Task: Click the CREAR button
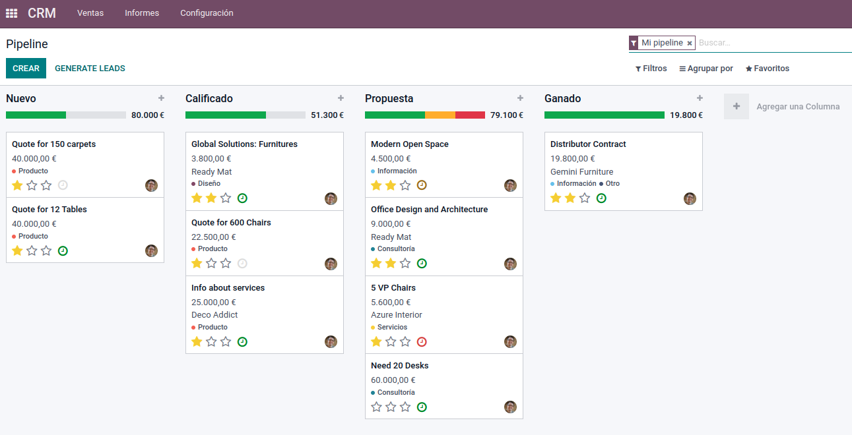click(x=26, y=69)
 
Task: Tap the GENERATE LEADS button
click(x=90, y=69)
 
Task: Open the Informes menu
click(x=142, y=13)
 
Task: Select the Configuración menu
click(x=207, y=13)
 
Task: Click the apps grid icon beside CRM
click(x=11, y=13)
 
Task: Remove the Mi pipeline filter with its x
click(x=690, y=43)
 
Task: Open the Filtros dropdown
click(x=651, y=69)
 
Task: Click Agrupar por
click(x=706, y=69)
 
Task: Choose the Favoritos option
click(x=768, y=69)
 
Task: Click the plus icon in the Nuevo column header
click(x=161, y=98)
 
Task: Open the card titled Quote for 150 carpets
click(x=54, y=144)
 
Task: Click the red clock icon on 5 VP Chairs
click(x=422, y=341)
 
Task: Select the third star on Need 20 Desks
click(x=405, y=407)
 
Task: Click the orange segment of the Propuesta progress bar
click(x=440, y=115)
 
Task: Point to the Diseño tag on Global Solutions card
click(x=209, y=184)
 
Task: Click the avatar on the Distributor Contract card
click(x=690, y=198)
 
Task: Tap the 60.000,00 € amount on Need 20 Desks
click(x=393, y=380)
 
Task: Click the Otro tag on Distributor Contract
click(x=612, y=184)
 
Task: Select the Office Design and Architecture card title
click(x=429, y=210)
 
